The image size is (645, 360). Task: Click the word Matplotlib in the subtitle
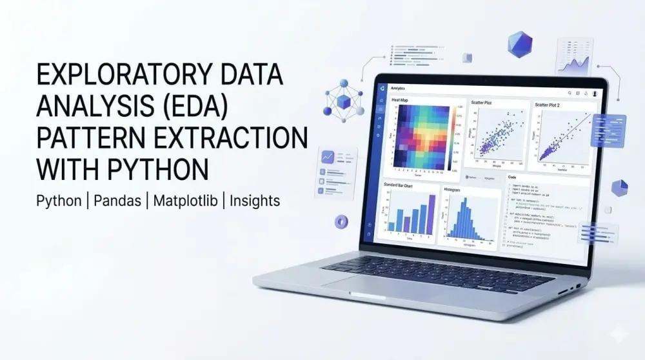pos(186,201)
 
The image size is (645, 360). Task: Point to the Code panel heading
pos(512,177)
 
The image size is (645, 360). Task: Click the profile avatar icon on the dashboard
pos(594,94)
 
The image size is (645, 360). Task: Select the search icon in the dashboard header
pos(567,93)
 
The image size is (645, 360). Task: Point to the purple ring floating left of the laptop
pos(341,222)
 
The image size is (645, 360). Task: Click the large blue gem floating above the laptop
pos(519,45)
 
